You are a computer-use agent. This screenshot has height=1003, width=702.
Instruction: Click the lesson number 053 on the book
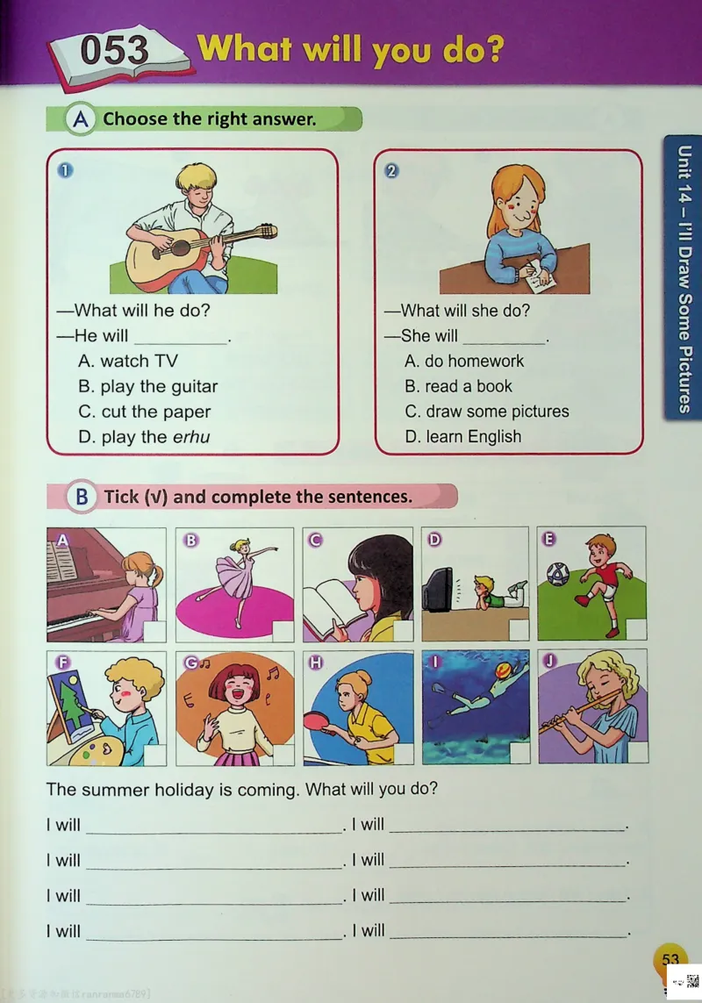[x=115, y=51]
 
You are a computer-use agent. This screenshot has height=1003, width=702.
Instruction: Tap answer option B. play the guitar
[x=147, y=386]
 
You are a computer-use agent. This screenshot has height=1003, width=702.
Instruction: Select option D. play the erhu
[x=144, y=437]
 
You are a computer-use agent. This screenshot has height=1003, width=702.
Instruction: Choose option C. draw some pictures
[x=487, y=412]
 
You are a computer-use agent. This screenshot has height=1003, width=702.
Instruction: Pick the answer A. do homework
[x=464, y=362]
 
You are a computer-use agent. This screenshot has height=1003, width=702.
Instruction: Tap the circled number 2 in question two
[x=391, y=171]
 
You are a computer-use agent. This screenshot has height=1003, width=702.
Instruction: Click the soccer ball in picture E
[x=558, y=574]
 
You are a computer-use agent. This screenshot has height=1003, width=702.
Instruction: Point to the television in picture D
[x=438, y=590]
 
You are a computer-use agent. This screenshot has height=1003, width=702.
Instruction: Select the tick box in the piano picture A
[x=154, y=631]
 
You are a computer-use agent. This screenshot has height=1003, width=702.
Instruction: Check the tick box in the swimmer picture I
[x=519, y=754]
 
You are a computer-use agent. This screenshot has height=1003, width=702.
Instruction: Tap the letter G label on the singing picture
[x=190, y=663]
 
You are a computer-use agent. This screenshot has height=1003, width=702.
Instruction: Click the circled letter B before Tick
[x=82, y=497]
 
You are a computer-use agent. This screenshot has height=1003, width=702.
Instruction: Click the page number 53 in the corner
[x=670, y=959]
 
